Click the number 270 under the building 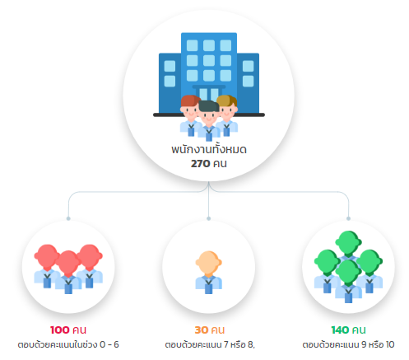(x=200, y=164)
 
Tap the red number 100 (x=60, y=330)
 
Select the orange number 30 (x=201, y=330)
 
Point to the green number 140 (x=340, y=330)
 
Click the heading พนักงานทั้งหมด (x=209, y=149)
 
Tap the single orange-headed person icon (x=208, y=272)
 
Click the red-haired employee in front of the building (x=190, y=115)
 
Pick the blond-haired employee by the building (x=227, y=115)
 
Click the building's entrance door (x=209, y=93)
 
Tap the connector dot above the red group (x=68, y=218)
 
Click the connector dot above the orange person (x=209, y=218)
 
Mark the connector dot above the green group (x=348, y=218)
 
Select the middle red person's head (x=68, y=263)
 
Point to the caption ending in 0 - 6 (x=68, y=344)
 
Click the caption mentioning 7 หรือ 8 (x=210, y=344)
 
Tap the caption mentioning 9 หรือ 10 (x=348, y=344)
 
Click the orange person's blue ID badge (x=208, y=289)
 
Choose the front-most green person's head (x=348, y=272)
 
